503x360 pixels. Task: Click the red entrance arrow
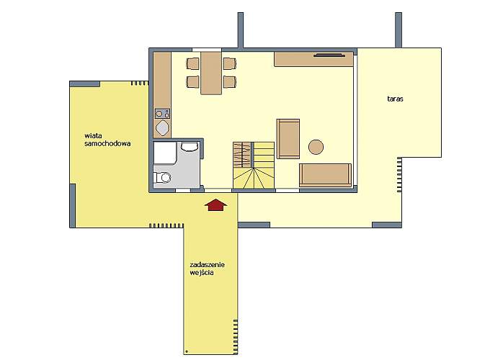[x=216, y=205]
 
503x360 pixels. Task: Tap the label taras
[x=395, y=99]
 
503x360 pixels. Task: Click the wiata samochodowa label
[x=107, y=140]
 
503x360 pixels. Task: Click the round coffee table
[x=316, y=147]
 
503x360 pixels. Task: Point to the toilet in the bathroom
[x=162, y=177]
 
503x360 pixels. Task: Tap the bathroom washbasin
[x=189, y=146]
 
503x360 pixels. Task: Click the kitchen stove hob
[x=162, y=114]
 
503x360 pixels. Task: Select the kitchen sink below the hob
[x=162, y=128]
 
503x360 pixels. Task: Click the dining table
[x=211, y=73]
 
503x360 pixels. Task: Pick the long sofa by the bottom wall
[x=325, y=175]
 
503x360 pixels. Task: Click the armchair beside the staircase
[x=288, y=139]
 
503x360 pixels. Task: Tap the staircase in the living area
[x=254, y=165]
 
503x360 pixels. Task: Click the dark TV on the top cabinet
[x=329, y=55]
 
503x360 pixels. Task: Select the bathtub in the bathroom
[x=165, y=153]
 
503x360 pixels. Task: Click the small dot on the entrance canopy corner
[x=187, y=351]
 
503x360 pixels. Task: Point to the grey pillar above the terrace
[x=399, y=30]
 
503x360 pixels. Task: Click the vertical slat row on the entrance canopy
[x=236, y=336]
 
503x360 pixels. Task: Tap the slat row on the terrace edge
[x=399, y=175]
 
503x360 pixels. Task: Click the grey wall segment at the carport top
[x=85, y=84]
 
